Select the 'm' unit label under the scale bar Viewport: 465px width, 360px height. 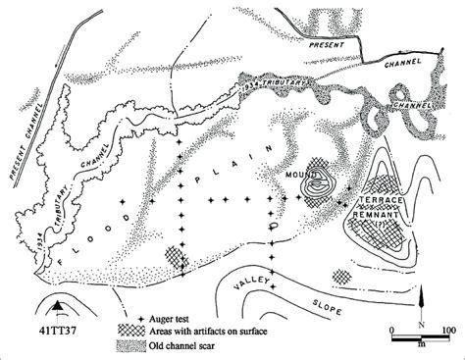(419, 344)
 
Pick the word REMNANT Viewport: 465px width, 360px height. (376, 211)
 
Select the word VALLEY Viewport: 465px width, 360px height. (249, 285)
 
